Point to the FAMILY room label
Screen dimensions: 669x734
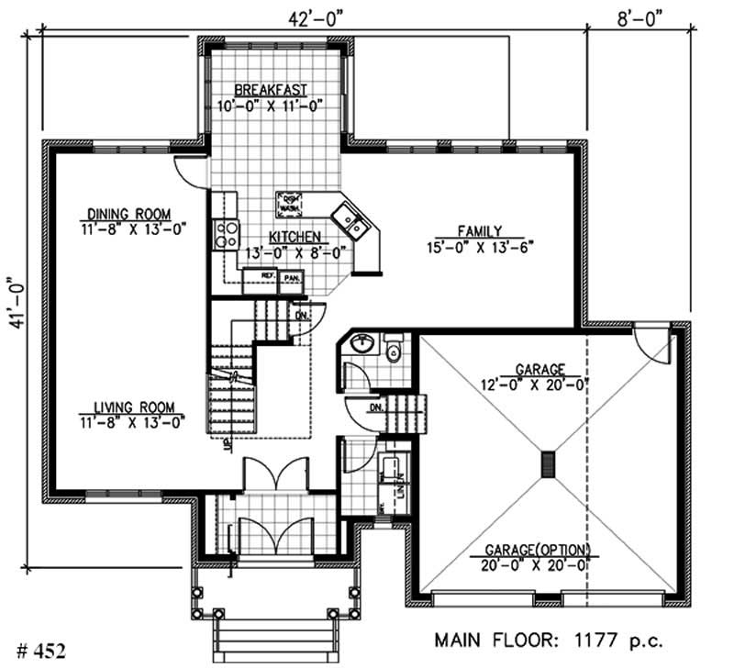coord(479,230)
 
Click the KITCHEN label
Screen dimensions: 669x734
coord(294,235)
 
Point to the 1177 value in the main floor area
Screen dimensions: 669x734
coord(592,639)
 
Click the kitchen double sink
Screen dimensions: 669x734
coord(350,218)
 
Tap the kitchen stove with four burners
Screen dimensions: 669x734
coord(225,235)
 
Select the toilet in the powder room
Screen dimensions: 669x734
coord(394,350)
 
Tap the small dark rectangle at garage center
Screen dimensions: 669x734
coord(548,464)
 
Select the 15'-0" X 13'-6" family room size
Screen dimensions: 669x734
coord(479,246)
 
